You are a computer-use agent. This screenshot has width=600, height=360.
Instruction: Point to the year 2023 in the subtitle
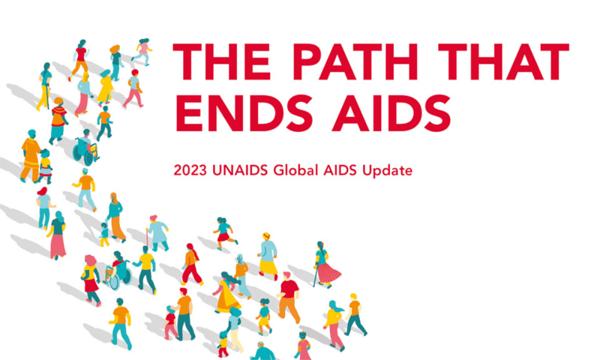point(190,170)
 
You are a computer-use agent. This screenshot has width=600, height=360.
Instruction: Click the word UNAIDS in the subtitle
point(240,170)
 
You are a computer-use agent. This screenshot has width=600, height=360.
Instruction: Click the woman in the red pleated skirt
point(326,265)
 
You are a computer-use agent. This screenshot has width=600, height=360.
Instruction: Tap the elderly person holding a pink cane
point(157,233)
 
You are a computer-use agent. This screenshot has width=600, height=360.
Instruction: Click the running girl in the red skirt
point(224,233)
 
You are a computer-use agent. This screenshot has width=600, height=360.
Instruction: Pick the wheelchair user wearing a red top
point(118,270)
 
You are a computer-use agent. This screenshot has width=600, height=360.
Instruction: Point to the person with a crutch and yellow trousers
point(44,86)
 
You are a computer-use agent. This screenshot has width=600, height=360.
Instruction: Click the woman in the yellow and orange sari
point(227,292)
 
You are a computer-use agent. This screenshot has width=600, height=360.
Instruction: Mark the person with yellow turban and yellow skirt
point(268,256)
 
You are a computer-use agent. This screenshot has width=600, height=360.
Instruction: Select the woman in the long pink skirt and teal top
point(58,235)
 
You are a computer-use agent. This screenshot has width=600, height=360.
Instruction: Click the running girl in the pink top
point(142,52)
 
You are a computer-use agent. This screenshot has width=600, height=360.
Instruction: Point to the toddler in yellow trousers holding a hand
point(104,235)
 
